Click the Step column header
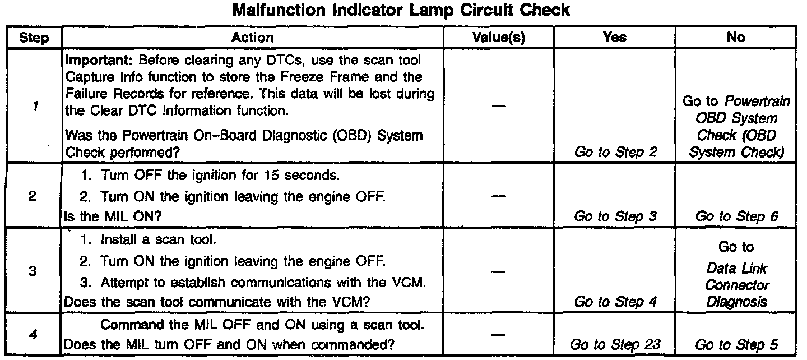point(33,38)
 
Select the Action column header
point(253,38)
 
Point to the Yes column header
point(614,38)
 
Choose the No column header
point(736,38)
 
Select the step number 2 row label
point(33,197)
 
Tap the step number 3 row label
point(33,271)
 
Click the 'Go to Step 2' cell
point(615,152)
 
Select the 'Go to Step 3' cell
point(615,217)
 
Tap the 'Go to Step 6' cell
point(736,217)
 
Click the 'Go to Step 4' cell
point(615,301)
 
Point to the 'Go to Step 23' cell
point(615,345)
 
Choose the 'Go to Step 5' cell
point(736,345)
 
